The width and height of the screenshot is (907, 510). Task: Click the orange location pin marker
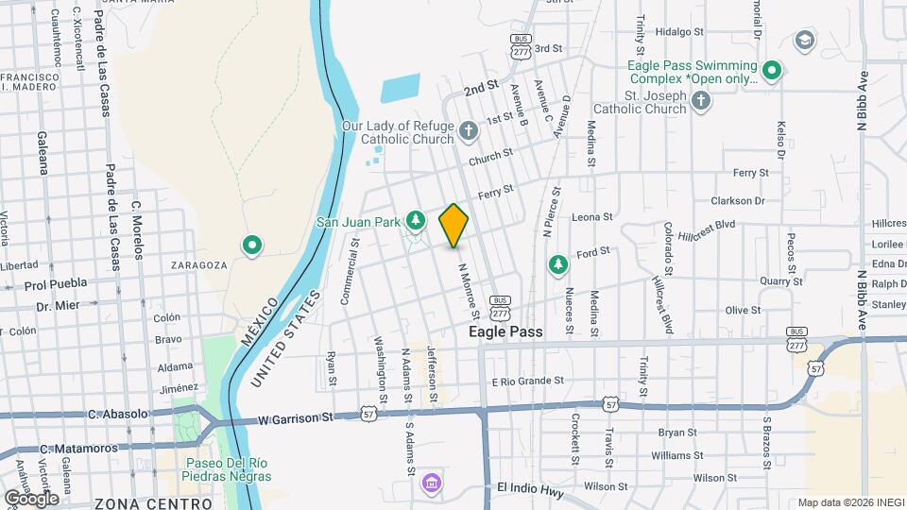pyautogui.click(x=454, y=225)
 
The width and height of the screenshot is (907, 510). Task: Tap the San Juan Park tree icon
pyautogui.click(x=415, y=220)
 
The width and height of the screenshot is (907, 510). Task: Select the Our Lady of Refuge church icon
pyautogui.click(x=470, y=128)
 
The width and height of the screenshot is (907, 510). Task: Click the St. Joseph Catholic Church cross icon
pyautogui.click(x=700, y=102)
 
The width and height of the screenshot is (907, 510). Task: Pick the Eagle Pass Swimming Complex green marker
pyautogui.click(x=772, y=71)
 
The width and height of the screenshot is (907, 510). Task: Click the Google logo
pyautogui.click(x=30, y=498)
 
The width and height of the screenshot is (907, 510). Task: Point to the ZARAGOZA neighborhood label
pyautogui.click(x=199, y=266)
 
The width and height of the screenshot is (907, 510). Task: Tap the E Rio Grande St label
pyautogui.click(x=527, y=382)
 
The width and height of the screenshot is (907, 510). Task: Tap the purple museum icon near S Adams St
pyautogui.click(x=431, y=484)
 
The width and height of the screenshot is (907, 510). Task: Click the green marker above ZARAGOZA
pyautogui.click(x=252, y=246)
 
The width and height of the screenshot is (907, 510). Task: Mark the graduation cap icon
pyautogui.click(x=804, y=41)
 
